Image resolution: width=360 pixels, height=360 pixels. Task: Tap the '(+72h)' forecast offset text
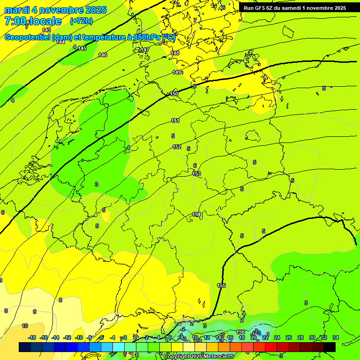coord(81,21)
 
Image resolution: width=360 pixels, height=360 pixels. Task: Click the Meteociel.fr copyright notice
coord(199,357)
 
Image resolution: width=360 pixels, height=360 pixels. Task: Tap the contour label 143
coord(46,30)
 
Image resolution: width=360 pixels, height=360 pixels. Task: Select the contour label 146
coord(103,55)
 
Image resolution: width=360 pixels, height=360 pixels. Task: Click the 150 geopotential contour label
coord(174,94)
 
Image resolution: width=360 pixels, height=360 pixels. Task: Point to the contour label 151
coord(175,120)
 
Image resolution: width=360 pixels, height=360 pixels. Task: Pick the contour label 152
coord(177,147)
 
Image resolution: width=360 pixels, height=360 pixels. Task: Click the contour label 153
coord(197,174)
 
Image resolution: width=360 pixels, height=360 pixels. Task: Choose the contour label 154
coord(196,214)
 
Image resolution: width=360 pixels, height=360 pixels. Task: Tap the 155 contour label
coord(221,285)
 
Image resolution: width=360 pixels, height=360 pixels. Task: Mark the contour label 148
coord(175,53)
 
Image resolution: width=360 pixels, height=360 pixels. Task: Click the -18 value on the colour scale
coord(32,337)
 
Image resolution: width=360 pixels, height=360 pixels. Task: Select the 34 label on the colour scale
coord(335,337)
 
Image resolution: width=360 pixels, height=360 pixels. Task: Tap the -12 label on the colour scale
coord(67,337)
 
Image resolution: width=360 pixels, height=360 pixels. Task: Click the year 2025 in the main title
coord(95,10)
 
